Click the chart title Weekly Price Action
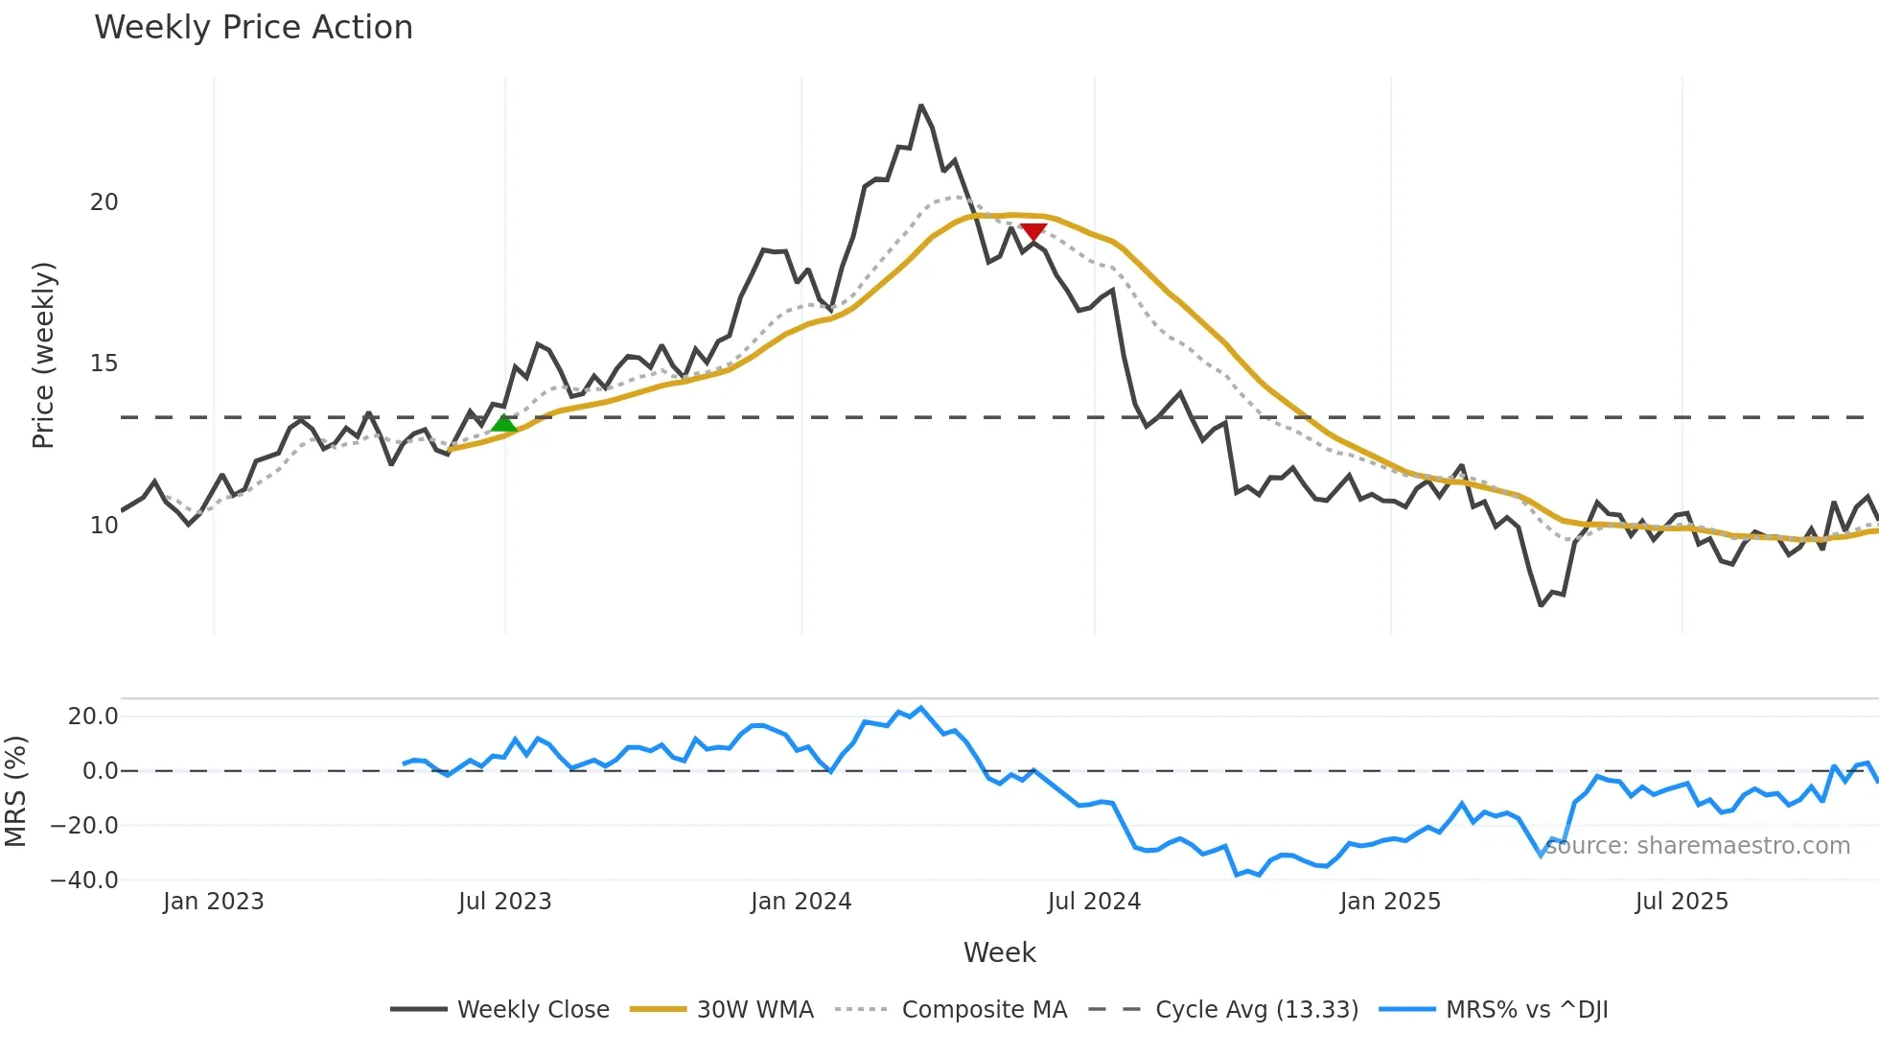point(253,28)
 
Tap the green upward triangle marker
point(504,424)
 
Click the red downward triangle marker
point(1033,232)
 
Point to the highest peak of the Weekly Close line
point(920,106)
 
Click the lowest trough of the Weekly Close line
point(1541,605)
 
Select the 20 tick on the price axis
point(104,202)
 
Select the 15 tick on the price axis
point(104,364)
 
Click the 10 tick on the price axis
point(104,526)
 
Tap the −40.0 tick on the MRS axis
point(84,880)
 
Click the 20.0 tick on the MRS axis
point(93,716)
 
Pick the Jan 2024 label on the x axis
point(800,902)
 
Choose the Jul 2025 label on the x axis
point(1682,902)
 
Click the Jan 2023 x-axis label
point(213,902)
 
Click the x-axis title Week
point(999,952)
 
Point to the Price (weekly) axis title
point(44,355)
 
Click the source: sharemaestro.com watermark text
point(1697,846)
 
